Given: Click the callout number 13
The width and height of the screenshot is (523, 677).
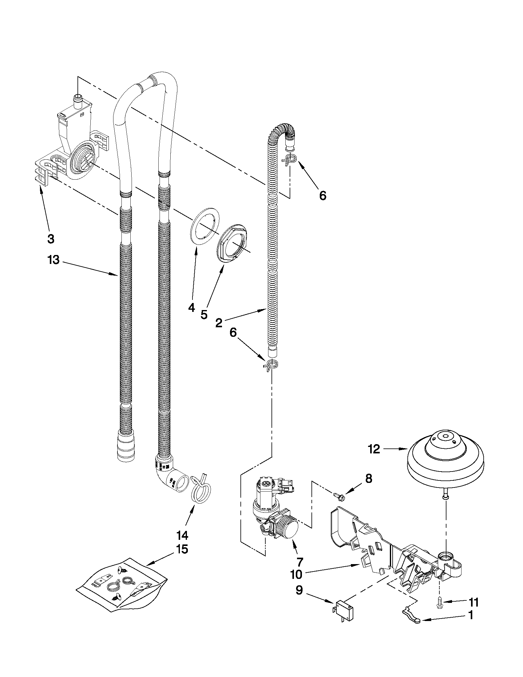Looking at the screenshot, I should (53, 260).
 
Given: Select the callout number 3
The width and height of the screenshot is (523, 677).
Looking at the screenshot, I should (51, 238).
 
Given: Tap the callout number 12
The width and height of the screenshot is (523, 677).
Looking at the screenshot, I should (374, 449).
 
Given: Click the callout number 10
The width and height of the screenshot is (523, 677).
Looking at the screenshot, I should (296, 574).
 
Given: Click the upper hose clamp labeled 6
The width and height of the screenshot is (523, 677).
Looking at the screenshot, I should (289, 160).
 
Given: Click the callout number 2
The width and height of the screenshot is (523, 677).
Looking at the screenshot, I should (218, 323).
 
